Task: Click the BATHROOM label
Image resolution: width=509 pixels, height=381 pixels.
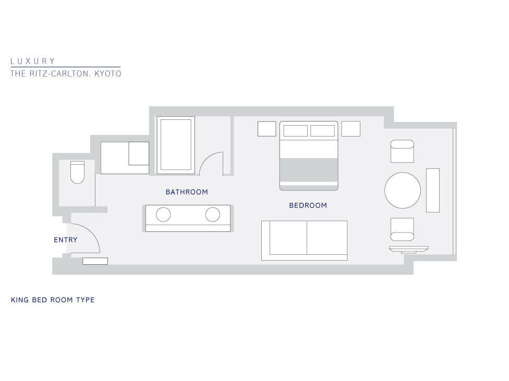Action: click(187, 192)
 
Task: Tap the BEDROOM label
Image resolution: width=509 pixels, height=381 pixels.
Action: click(308, 205)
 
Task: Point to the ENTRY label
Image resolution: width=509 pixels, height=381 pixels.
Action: click(66, 240)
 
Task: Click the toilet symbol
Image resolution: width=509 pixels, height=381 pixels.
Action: click(77, 173)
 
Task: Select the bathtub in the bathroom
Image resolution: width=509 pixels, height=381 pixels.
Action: click(176, 145)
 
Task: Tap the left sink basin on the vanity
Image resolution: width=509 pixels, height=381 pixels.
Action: click(163, 215)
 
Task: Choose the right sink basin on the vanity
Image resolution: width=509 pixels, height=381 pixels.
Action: click(213, 215)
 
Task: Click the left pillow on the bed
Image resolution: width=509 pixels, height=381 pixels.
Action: click(295, 131)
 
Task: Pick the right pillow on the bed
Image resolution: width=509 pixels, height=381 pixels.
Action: click(322, 131)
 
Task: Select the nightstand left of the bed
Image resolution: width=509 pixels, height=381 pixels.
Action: click(267, 129)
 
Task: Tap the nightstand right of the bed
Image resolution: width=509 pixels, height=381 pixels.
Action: click(350, 129)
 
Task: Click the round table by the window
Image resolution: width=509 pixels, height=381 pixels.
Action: click(403, 190)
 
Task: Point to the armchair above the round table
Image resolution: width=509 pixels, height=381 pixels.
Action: click(402, 151)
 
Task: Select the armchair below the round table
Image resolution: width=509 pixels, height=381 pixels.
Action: click(402, 229)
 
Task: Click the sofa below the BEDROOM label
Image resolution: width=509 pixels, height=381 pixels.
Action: click(304, 240)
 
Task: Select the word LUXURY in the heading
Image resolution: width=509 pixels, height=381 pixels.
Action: click(32, 61)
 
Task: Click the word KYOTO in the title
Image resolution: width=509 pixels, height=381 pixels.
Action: click(108, 73)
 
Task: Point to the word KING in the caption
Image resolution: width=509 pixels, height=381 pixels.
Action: click(19, 300)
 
